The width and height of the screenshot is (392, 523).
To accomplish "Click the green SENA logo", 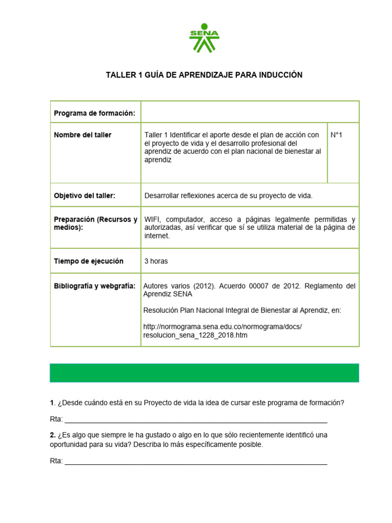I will pyautogui.click(x=204, y=38).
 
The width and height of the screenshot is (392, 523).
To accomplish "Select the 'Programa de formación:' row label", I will pyautogui.click(x=94, y=113).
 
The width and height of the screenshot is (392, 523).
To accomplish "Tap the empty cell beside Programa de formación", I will pyautogui.click(x=250, y=112).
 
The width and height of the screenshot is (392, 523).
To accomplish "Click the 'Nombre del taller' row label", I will pyautogui.click(x=83, y=135).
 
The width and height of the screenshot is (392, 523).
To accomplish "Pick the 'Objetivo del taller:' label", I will pyautogui.click(x=85, y=196).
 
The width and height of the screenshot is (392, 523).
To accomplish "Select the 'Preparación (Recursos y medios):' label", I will pyautogui.click(x=95, y=223).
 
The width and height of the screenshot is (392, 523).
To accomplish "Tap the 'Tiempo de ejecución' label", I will pyautogui.click(x=89, y=261).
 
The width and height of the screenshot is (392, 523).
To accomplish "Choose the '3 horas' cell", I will pyautogui.click(x=156, y=261).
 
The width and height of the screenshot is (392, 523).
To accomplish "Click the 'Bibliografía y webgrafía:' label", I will pyautogui.click(x=95, y=286).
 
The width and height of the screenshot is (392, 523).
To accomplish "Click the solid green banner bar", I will pyautogui.click(x=204, y=373).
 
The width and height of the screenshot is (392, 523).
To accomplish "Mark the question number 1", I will pyautogui.click(x=52, y=403).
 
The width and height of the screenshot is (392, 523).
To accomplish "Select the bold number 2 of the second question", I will pyautogui.click(x=53, y=435).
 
